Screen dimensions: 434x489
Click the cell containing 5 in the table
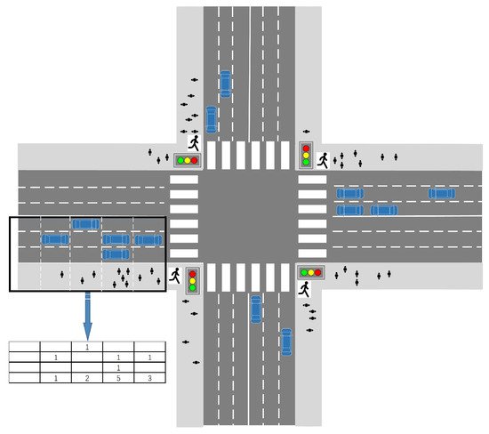(x=118, y=378)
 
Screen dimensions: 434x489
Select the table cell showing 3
(x=149, y=378)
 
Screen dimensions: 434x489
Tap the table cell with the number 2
(x=87, y=378)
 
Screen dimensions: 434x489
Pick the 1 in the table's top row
(x=87, y=346)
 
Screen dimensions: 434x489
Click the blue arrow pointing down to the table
(x=87, y=313)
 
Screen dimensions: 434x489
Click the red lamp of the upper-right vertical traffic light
(x=306, y=148)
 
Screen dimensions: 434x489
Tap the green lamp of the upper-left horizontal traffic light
(x=179, y=161)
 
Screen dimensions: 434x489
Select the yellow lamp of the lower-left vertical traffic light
(x=192, y=280)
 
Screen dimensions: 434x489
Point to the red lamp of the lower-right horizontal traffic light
(x=318, y=272)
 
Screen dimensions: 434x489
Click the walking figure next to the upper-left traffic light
(x=194, y=142)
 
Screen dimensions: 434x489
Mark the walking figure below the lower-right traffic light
(x=305, y=290)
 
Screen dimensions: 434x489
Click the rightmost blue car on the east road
(x=441, y=193)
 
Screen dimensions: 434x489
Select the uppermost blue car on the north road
(x=225, y=84)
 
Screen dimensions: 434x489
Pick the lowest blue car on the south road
(x=286, y=342)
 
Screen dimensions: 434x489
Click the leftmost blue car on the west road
(x=55, y=239)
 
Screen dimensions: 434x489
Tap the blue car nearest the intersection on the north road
(x=211, y=118)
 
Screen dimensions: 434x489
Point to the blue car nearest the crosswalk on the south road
(x=256, y=309)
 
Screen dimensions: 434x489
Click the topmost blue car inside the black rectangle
(x=86, y=223)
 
